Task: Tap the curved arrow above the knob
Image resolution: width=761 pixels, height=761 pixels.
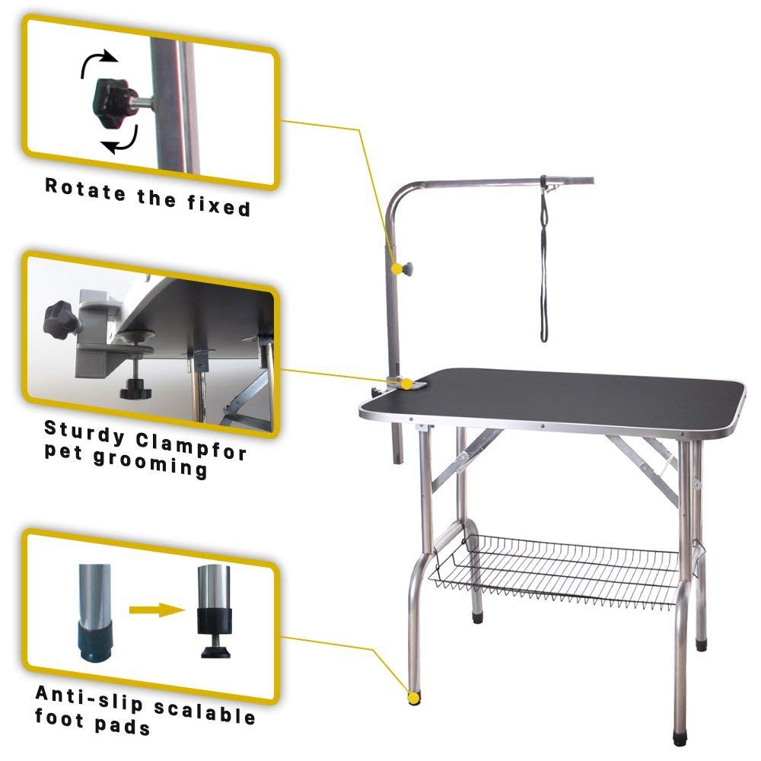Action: pos(99,62)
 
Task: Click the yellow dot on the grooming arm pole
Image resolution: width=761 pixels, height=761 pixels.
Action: pos(396,269)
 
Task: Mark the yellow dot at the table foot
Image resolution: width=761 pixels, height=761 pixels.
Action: pos(413,696)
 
